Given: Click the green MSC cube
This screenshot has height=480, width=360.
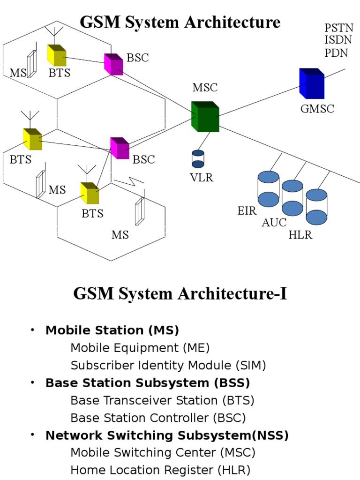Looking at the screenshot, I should click(x=205, y=117).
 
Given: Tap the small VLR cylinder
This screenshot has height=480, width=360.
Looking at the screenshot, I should click(x=198, y=159).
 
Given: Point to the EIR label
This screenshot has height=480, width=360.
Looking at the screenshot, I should click(x=247, y=210).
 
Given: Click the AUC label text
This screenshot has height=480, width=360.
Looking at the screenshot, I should click(x=274, y=223).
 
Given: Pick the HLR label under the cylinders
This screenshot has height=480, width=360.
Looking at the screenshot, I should click(x=300, y=235).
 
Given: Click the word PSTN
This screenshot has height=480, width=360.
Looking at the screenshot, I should click(x=337, y=29).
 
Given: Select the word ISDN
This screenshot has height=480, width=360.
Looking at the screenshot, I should click(x=337, y=41).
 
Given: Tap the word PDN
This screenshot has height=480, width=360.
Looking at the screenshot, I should click(x=336, y=52).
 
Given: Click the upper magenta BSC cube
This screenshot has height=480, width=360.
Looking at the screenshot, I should click(x=113, y=64).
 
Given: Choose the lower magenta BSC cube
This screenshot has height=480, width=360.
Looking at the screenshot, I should click(x=120, y=148).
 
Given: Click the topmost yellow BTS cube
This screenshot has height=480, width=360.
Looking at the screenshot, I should click(x=57, y=55).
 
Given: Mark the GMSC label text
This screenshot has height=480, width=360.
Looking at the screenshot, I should click(x=317, y=109).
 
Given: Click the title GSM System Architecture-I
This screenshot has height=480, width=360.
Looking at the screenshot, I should click(x=180, y=294).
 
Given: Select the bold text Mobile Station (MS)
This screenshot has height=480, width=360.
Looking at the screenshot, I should click(x=112, y=330).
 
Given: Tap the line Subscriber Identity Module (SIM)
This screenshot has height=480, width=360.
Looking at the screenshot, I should click(x=168, y=365).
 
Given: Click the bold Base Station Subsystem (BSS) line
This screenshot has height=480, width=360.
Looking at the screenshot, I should click(x=148, y=383).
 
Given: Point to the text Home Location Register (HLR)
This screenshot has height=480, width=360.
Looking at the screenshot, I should click(x=160, y=470).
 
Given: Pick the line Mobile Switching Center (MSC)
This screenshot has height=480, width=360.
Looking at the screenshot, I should click(x=163, y=452).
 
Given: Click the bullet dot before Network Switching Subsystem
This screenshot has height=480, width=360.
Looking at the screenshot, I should click(x=32, y=435).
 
